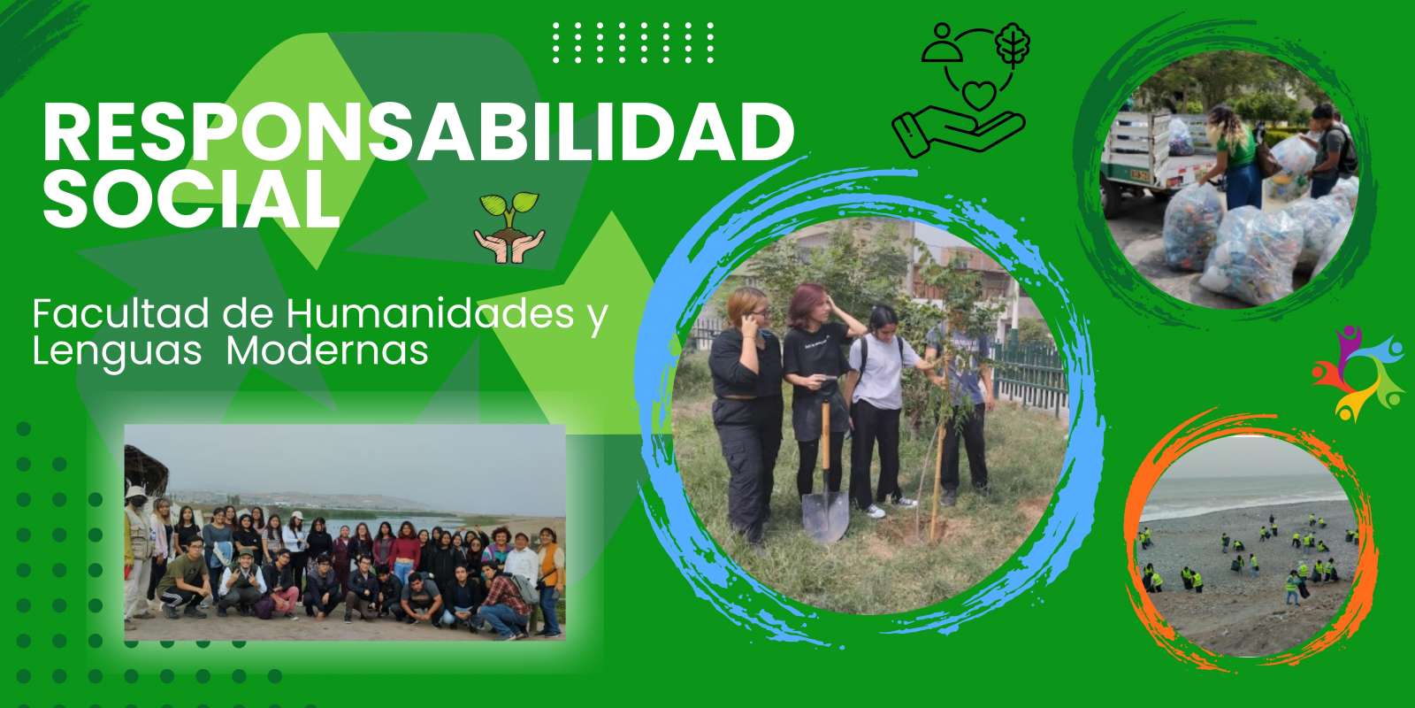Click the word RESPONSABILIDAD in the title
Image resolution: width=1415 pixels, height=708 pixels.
[418, 134]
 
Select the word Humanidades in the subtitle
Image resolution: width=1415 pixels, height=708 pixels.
[430, 314]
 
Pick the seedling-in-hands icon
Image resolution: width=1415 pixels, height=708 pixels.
[509, 227]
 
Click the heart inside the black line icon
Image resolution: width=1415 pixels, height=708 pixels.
[978, 96]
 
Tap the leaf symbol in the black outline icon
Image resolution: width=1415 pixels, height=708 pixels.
[1013, 45]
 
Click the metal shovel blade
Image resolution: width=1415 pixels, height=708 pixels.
[825, 516]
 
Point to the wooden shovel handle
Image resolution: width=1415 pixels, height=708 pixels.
[825, 446]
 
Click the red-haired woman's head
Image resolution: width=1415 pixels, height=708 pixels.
[810, 303]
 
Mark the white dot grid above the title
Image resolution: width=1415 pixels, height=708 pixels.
[633, 42]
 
